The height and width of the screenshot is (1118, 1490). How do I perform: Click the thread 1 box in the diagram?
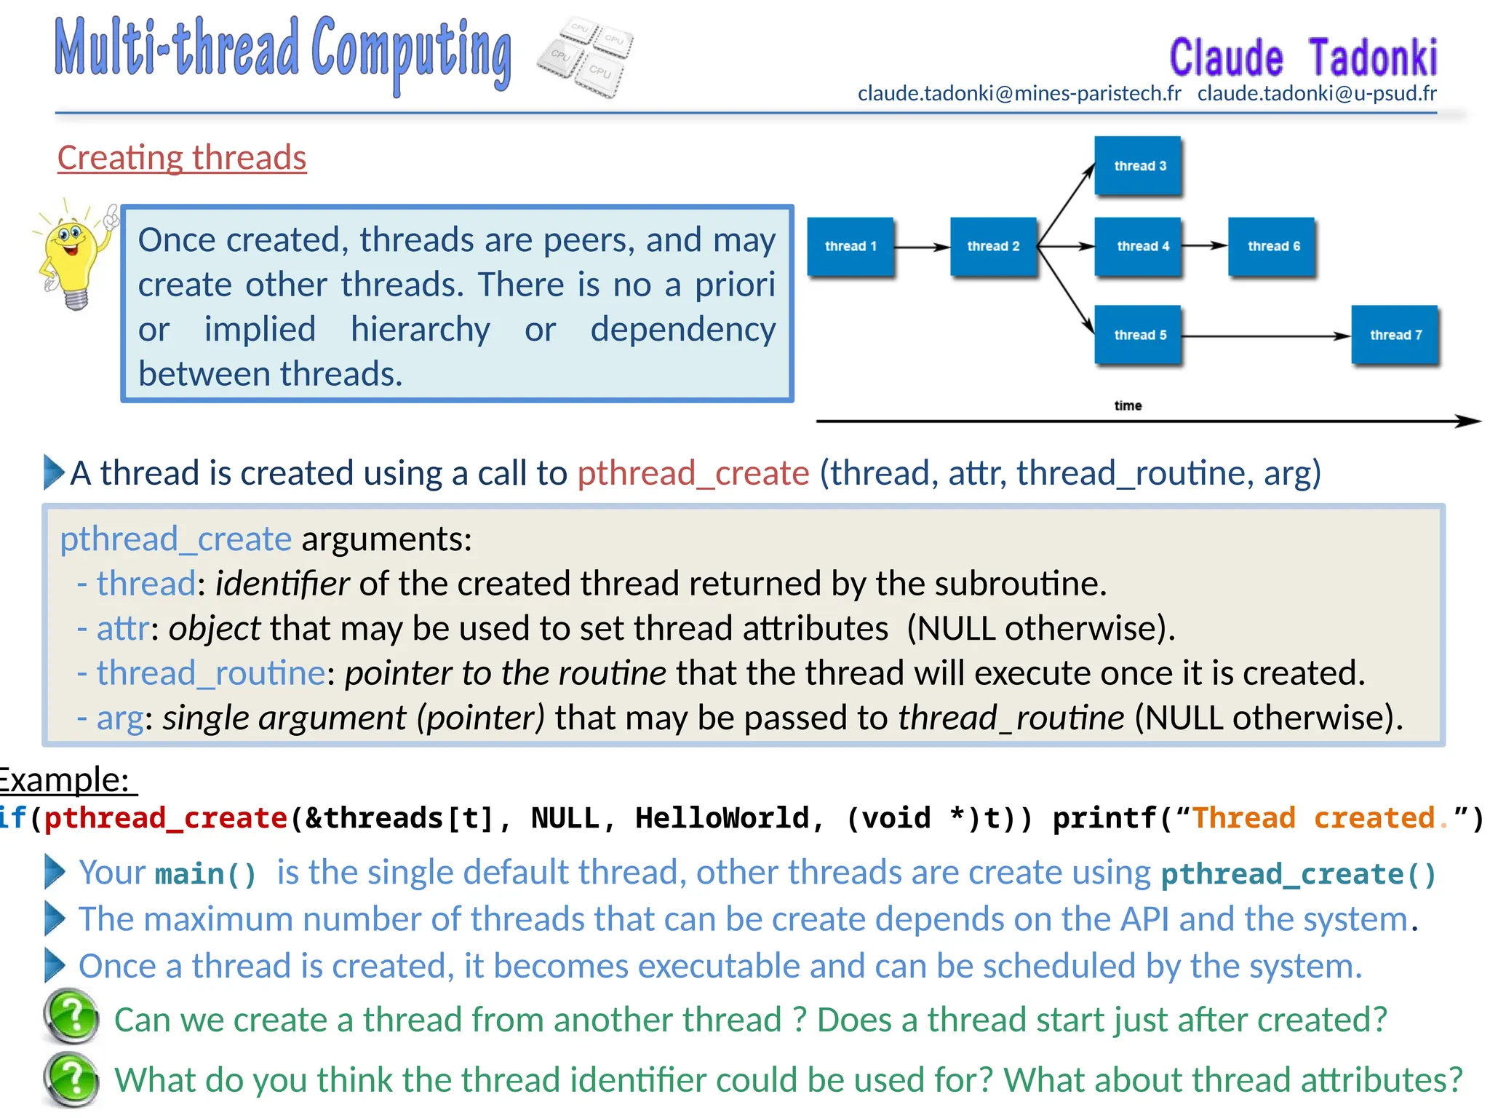pos(850,247)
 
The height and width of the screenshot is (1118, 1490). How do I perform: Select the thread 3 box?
pos(1138,166)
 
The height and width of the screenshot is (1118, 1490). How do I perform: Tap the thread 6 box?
pos(1272,247)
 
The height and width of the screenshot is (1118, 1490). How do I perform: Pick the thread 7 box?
pos(1395,335)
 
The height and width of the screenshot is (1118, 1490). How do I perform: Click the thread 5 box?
pos(1138,335)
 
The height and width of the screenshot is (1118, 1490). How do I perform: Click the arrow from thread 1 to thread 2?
pos(921,247)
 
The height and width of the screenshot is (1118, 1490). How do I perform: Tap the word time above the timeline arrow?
pos(1128,405)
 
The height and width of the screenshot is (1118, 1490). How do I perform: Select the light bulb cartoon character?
pos(73,254)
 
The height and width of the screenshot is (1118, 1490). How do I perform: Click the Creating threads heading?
pos(182,157)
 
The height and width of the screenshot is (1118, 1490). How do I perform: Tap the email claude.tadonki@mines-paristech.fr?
pos(1019,93)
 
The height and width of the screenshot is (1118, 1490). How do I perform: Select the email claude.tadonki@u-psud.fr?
pos(1317,93)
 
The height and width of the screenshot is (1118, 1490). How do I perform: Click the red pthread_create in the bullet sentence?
pos(693,473)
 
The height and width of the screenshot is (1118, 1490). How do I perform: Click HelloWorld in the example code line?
pos(722,818)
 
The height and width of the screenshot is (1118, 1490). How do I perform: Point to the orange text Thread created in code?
pos(1313,818)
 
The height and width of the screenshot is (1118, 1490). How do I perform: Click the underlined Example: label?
pos(65,780)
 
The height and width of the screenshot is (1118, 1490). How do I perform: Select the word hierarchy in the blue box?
pos(420,329)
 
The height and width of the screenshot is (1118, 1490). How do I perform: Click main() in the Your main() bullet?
pos(206,873)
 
